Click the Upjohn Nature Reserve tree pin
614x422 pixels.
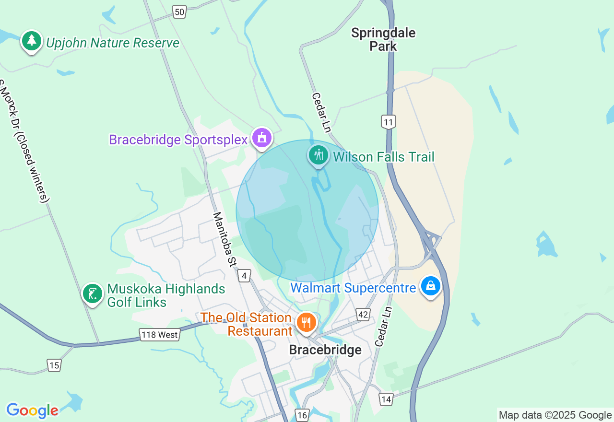(x=32, y=41)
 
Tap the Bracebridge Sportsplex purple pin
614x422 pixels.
(x=262, y=138)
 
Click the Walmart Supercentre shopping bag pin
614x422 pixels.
(x=430, y=286)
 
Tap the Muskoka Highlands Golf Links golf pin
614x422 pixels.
(x=92, y=293)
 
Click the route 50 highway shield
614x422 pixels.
(x=179, y=12)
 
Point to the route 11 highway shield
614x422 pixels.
(x=389, y=122)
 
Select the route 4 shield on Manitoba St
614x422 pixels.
(x=244, y=276)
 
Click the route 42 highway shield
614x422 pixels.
(x=363, y=315)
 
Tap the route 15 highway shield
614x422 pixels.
(x=54, y=365)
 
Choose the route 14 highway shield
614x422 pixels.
(x=386, y=399)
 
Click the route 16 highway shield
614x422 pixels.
(x=302, y=415)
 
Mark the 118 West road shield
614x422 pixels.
(x=159, y=334)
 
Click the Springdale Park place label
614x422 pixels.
(x=383, y=39)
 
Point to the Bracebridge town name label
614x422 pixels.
(x=325, y=350)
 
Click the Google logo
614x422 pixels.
(x=32, y=410)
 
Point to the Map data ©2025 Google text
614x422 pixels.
(x=555, y=415)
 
